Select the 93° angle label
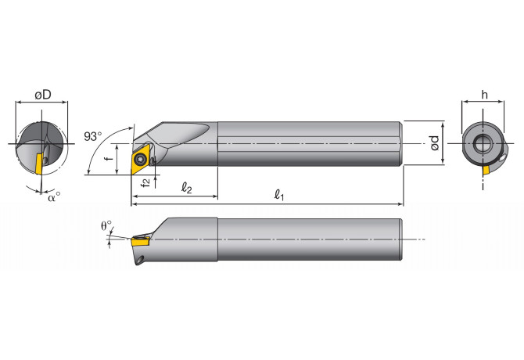(x=93, y=136)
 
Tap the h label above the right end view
(x=485, y=94)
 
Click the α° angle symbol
(x=52, y=197)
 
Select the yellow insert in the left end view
(x=39, y=164)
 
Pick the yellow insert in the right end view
(x=491, y=167)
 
